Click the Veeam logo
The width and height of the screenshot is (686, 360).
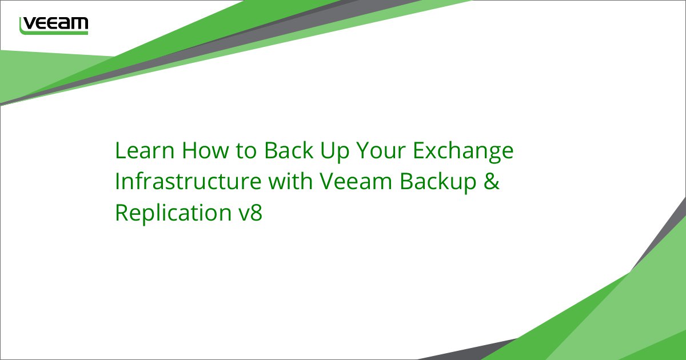coord(54,26)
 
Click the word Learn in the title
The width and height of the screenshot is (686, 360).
coord(145,150)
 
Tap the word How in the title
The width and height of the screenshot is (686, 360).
coord(205,150)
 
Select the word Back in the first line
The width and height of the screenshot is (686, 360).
coord(289,150)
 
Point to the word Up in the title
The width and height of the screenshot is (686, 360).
coord(335,152)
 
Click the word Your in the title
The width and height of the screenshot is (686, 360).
coord(381,150)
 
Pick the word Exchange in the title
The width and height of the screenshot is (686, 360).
coord(463,152)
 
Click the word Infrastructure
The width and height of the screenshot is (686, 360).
coord(188,181)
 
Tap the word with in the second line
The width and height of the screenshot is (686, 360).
coord(290,181)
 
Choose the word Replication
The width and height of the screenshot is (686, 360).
coord(173,214)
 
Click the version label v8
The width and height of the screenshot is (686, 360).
coord(250,213)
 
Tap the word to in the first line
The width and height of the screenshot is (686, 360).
coord(246,151)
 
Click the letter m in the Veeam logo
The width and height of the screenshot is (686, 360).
coord(78,23)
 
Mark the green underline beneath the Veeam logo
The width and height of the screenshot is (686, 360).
coord(54,32)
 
